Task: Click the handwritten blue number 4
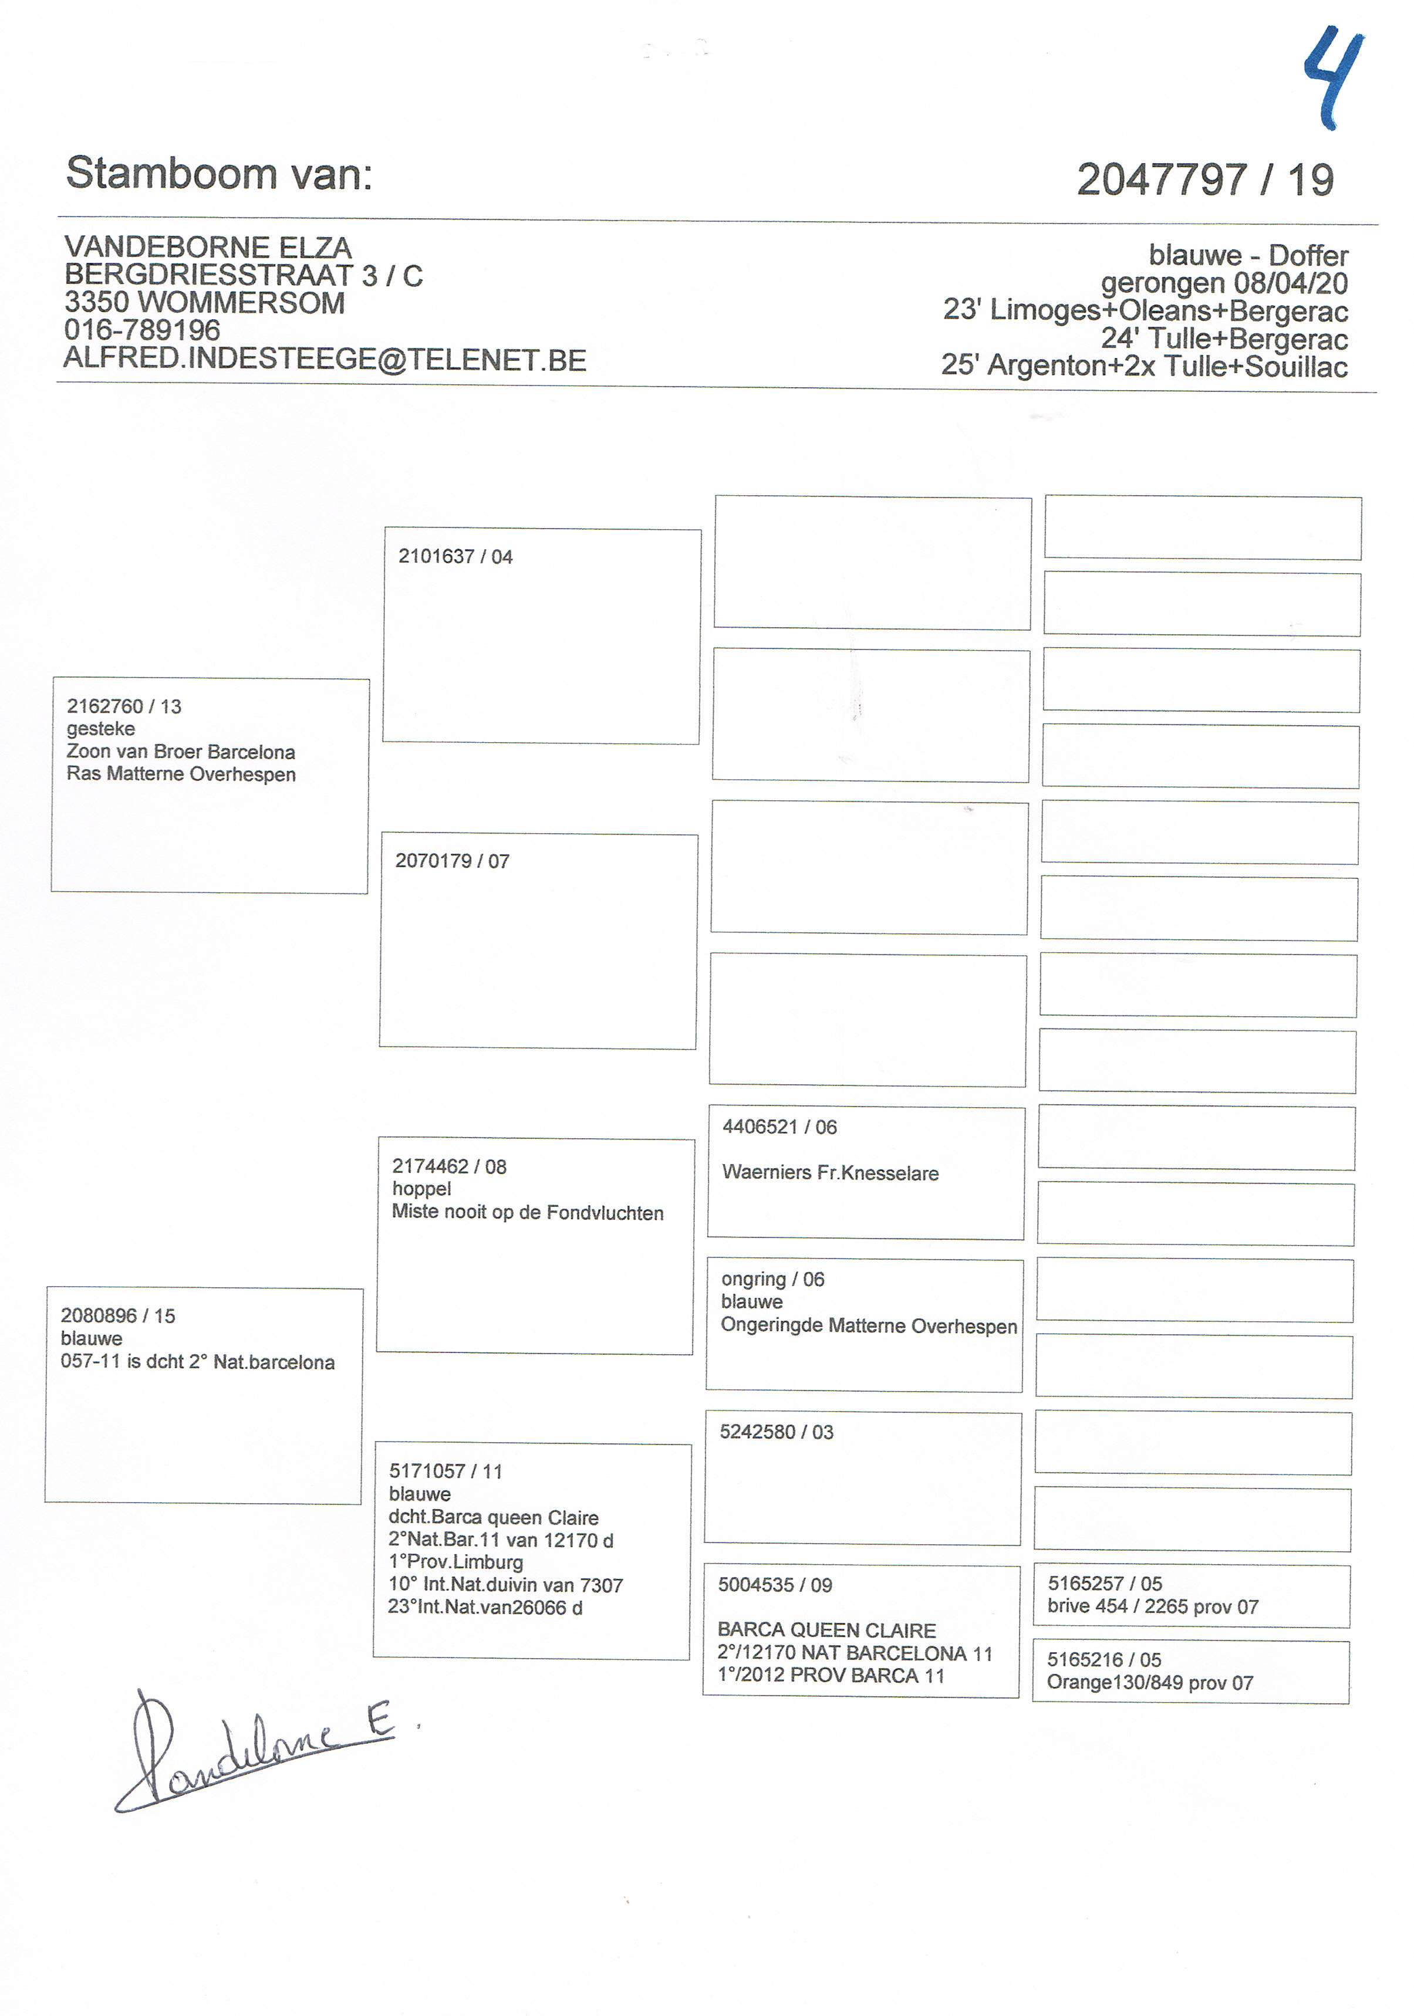[1333, 79]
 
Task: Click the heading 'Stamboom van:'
[220, 173]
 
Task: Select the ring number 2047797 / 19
[1205, 180]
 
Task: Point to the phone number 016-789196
[142, 330]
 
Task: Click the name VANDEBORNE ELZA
[208, 248]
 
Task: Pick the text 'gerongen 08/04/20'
[1224, 283]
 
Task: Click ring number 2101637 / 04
[455, 557]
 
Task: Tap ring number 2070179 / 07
[453, 861]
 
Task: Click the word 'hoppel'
[421, 1189]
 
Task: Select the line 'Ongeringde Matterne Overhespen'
[869, 1326]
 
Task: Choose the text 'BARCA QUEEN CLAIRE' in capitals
[826, 1631]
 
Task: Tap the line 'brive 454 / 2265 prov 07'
[1152, 1607]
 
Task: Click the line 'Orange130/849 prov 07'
[1150, 1683]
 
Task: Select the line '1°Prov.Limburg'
[456, 1562]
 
